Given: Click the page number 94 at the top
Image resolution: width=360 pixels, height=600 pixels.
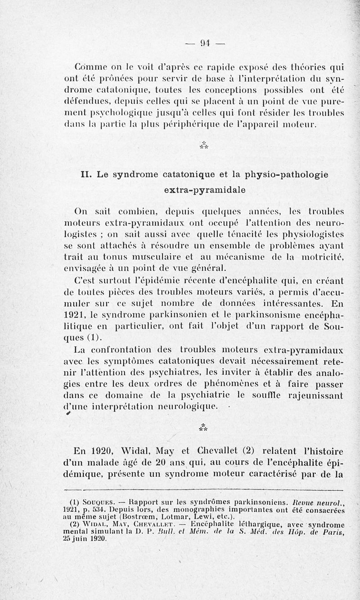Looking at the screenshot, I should tap(205, 44).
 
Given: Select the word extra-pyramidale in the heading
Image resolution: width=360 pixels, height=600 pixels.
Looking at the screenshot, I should tap(205, 190).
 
